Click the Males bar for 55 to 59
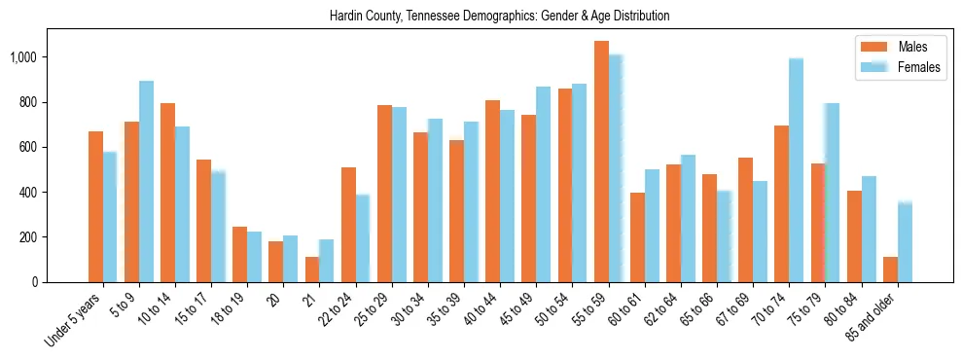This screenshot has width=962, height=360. [601, 162]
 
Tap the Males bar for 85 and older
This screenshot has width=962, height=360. [890, 270]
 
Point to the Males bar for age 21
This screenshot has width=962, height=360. [312, 270]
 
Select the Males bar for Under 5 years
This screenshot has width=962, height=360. [95, 206]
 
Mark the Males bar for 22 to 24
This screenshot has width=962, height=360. [348, 225]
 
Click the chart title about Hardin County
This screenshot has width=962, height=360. [499, 17]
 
